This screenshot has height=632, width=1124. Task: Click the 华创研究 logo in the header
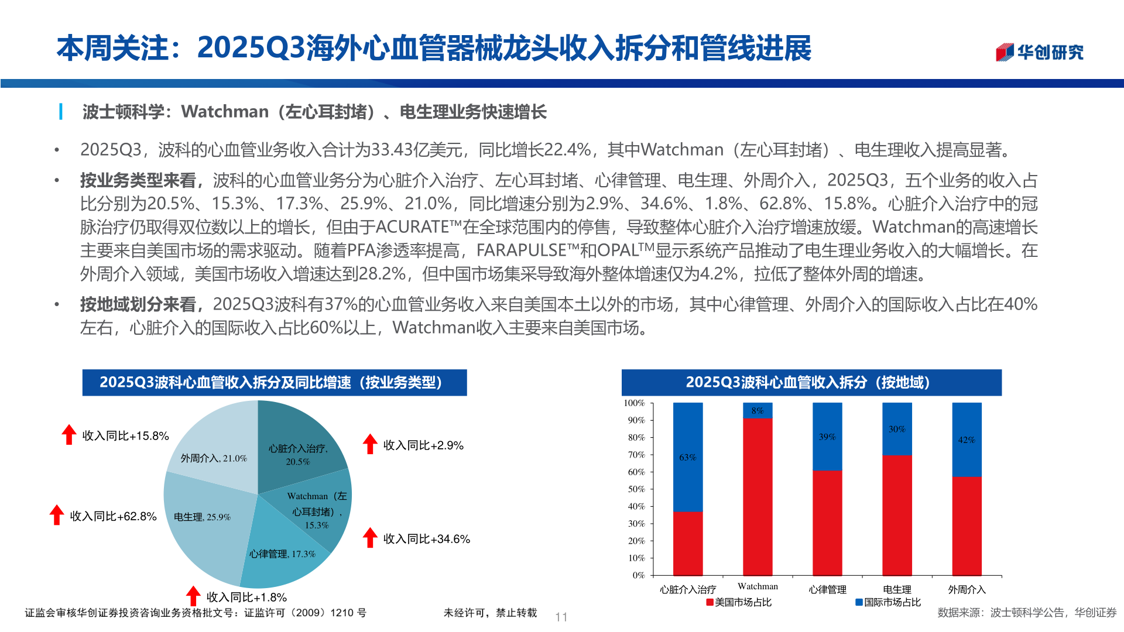point(1039,52)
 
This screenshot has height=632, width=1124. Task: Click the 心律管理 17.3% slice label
point(282,554)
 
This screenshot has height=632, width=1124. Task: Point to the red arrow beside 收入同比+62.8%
point(57,515)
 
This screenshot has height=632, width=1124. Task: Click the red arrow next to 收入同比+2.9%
point(370,444)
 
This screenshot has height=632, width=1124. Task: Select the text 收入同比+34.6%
point(426,539)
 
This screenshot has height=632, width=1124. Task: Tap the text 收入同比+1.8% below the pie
point(246,597)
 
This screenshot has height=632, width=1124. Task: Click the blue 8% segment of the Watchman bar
point(758,411)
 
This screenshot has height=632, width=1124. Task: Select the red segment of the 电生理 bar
point(897,515)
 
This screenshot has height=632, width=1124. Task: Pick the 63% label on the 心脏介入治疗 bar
point(688,458)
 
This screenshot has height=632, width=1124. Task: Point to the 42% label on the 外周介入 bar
point(967,440)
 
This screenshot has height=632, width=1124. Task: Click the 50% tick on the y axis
point(636,489)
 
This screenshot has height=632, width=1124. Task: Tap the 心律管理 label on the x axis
point(827,590)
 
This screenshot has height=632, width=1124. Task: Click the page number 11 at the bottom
point(561,617)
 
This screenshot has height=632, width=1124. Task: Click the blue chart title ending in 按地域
point(811,383)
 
